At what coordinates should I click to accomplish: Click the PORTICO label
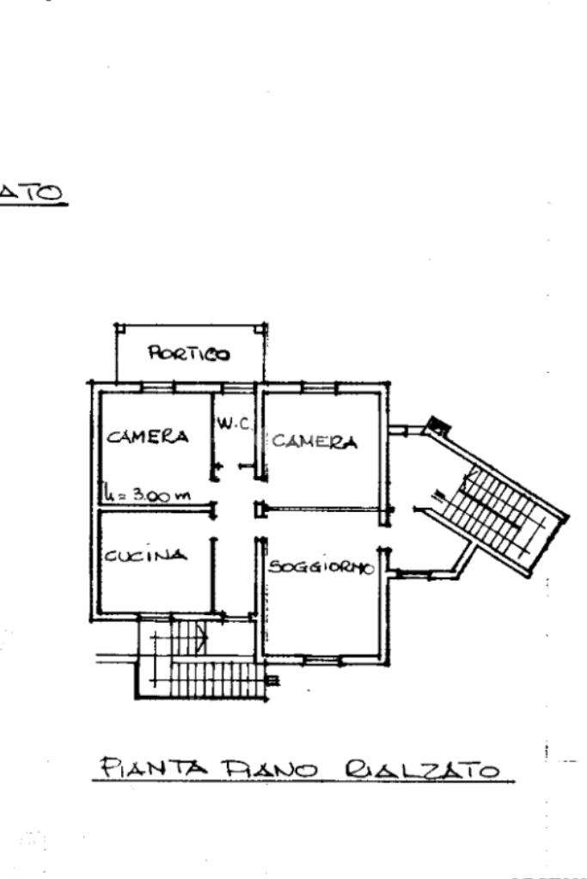pos(190,352)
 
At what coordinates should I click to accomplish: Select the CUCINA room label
pos(145,555)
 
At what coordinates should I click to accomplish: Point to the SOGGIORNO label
pos(321,567)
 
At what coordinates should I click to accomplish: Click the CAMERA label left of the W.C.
pos(147,436)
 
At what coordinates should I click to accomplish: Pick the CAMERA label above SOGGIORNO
pos(314,443)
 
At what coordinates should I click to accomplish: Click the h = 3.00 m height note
pos(148,495)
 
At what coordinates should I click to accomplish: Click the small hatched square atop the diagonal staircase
pos(437,424)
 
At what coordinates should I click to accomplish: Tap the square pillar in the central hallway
pos(258,510)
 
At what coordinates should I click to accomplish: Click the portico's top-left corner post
pos(119,327)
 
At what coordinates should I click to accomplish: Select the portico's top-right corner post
pos(263,327)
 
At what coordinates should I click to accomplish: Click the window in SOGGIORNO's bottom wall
pos(320,659)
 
